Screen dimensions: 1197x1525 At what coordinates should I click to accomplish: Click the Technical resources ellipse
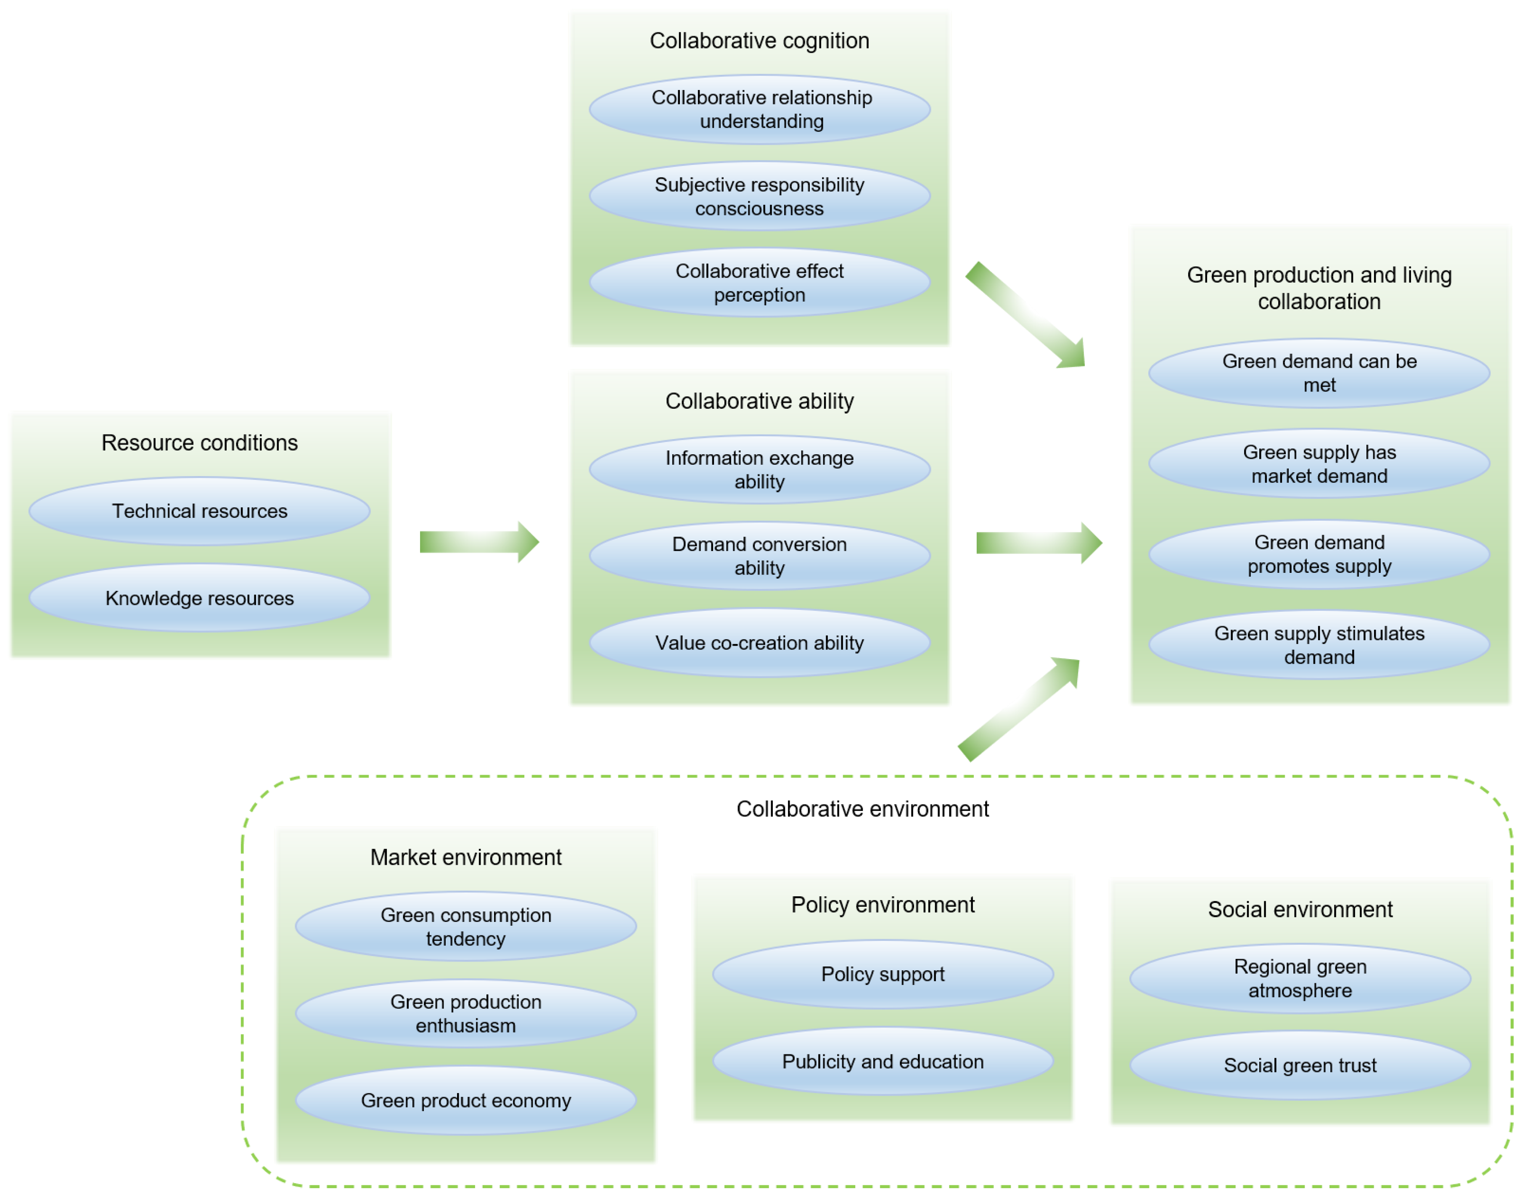point(200,511)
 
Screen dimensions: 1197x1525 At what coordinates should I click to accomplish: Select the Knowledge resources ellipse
point(200,598)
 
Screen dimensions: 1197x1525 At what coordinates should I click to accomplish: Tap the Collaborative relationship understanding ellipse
point(760,109)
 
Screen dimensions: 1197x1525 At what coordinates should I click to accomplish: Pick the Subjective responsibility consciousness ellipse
point(760,196)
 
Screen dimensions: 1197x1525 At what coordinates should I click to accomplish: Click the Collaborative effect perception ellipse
point(760,283)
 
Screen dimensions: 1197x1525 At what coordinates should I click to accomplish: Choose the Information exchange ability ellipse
point(760,469)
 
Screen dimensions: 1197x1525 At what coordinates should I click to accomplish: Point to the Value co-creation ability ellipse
point(760,643)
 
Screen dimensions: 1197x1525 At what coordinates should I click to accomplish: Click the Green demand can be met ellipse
point(1319,373)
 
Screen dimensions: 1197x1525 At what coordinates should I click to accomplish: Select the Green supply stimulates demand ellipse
point(1319,645)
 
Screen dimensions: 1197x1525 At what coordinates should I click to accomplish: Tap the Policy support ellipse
point(883,974)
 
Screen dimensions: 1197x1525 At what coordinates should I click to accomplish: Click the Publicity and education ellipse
point(883,1061)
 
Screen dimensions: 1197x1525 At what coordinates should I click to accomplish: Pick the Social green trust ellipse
point(1300,1065)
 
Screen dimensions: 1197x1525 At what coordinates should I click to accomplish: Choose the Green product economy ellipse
point(466,1100)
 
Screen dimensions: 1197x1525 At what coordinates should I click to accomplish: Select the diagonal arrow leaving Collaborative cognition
point(1026,315)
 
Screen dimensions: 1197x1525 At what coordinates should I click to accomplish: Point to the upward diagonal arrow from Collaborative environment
point(1019,709)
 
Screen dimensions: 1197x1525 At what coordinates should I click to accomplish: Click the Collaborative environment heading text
point(862,809)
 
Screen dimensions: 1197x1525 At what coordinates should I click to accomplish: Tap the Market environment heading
point(466,857)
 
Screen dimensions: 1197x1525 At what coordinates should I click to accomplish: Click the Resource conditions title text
point(200,443)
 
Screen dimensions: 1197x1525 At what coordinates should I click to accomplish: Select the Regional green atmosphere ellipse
point(1300,978)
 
